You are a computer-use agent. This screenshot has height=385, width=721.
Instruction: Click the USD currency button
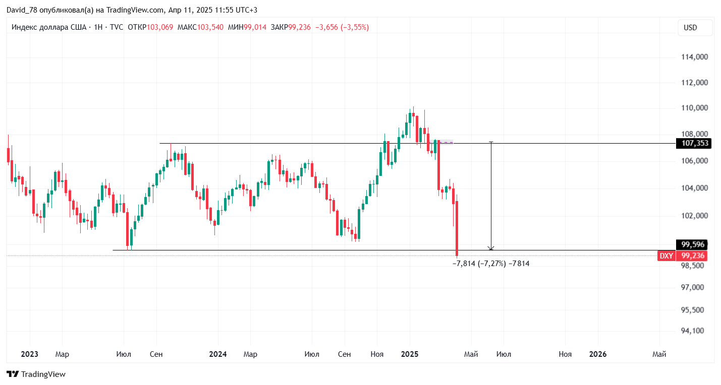[690, 28]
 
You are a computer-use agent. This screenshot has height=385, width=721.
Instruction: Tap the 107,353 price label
[695, 144]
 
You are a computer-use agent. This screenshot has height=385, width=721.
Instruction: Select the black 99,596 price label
[692, 245]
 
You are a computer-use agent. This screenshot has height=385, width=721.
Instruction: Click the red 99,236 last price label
[692, 255]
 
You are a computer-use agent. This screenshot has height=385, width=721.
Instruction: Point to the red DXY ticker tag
[667, 255]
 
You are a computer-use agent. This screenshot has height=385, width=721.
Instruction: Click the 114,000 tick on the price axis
[694, 57]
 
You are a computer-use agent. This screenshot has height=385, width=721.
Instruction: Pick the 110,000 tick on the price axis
[694, 108]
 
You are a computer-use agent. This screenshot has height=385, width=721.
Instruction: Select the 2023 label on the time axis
[30, 354]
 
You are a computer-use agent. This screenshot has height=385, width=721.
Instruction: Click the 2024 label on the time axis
[218, 354]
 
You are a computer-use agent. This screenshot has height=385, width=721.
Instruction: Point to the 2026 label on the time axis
[598, 354]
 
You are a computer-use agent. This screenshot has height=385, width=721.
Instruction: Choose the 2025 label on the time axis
[410, 354]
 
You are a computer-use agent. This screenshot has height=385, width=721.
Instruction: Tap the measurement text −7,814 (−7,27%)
[479, 264]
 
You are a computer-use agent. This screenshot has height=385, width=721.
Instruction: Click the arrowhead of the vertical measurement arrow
[491, 248]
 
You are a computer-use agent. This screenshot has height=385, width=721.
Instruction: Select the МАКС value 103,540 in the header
[210, 27]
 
